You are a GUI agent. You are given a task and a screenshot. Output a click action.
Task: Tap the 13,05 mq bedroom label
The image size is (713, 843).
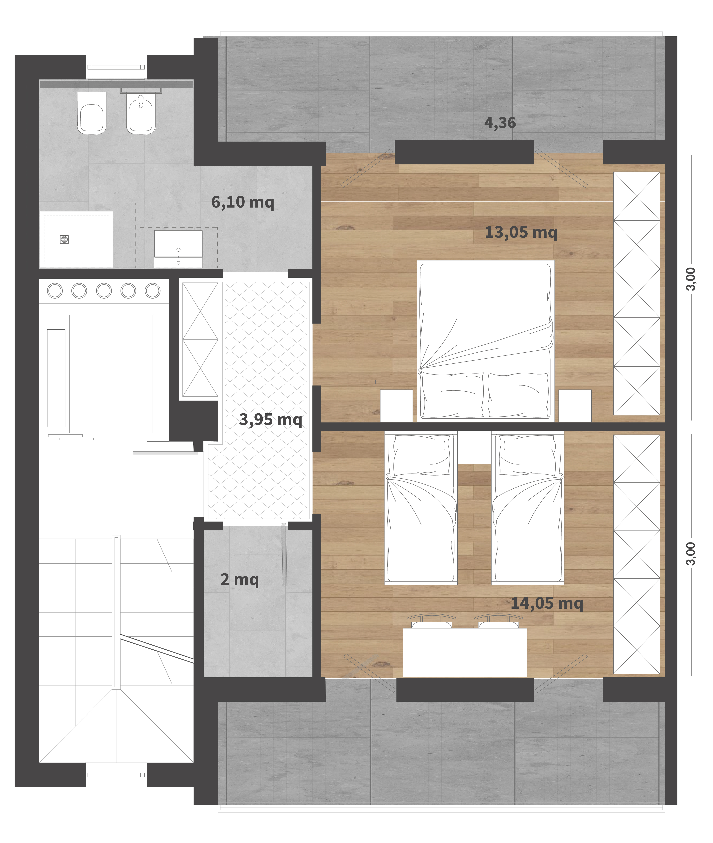[x=521, y=232]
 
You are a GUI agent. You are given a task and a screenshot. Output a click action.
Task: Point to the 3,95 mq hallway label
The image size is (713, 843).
[x=270, y=419]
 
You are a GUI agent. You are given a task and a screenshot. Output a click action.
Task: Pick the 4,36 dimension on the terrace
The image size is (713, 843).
[x=500, y=123]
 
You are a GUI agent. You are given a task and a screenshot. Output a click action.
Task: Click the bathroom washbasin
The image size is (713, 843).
[x=178, y=249]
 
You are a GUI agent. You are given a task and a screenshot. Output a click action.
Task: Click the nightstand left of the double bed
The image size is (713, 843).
[x=397, y=406]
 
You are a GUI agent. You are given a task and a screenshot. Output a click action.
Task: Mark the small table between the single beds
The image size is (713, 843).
[x=475, y=448]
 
